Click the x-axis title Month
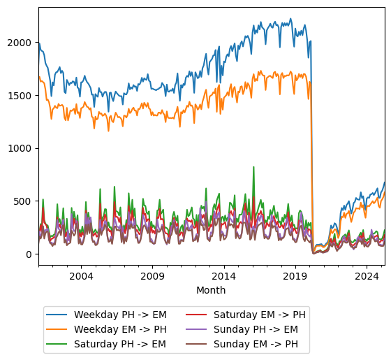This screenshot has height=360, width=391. coord(211,290)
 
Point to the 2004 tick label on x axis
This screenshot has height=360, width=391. coord(81,276)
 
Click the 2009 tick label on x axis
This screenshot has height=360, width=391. coord(152,276)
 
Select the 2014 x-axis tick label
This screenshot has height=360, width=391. coord(223,276)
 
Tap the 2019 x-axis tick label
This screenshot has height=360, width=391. coord(295,276)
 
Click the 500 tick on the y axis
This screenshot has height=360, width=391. coord(24,201)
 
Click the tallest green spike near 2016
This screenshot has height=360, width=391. coord(253,168)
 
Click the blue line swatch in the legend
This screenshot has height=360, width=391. coord(58,314)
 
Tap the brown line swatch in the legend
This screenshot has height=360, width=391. coord(198,343)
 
